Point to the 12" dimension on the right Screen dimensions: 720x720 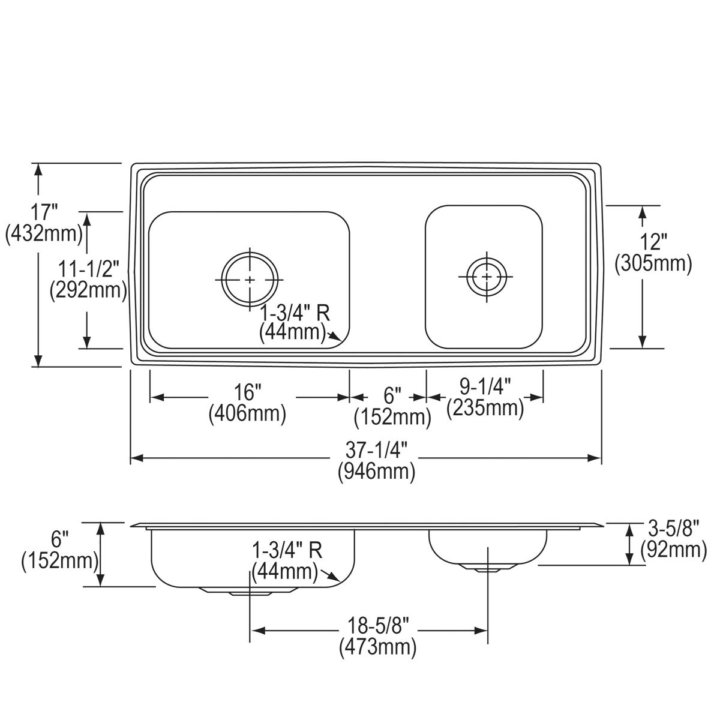point(652,242)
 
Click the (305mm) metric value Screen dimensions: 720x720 point(653,263)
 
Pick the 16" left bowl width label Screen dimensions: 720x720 point(247,393)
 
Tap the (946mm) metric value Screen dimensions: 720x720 point(377,472)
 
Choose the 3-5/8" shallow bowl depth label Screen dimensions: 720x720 point(673,529)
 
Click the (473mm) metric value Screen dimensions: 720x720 point(377,647)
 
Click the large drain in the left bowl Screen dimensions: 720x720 point(250,280)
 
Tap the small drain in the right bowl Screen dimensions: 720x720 point(486,277)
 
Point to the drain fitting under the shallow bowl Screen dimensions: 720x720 point(487,568)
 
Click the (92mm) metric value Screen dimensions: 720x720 point(673,549)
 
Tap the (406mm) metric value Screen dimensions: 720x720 point(247,414)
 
